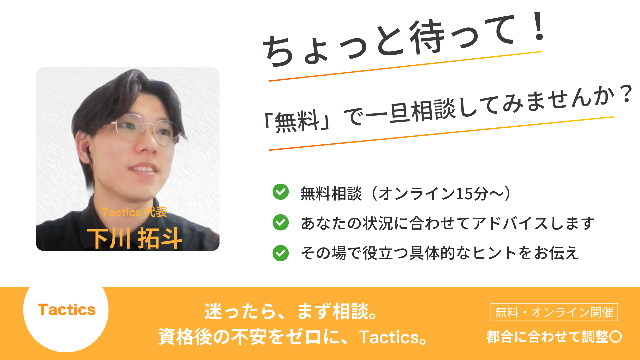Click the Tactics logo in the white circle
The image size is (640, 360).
coord(67,310)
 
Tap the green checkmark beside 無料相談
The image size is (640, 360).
coord(281,192)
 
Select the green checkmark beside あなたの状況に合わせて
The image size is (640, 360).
coord(281,222)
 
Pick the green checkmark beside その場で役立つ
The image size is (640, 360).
coord(281,253)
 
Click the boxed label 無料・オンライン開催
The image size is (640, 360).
coord(554,312)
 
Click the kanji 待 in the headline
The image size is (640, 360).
coord(427,37)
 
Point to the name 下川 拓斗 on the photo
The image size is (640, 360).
coord(135,238)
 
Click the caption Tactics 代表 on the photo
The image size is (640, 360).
coord(135,212)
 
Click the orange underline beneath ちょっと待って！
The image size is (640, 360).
coord(406,66)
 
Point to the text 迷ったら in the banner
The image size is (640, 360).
coord(240,311)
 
